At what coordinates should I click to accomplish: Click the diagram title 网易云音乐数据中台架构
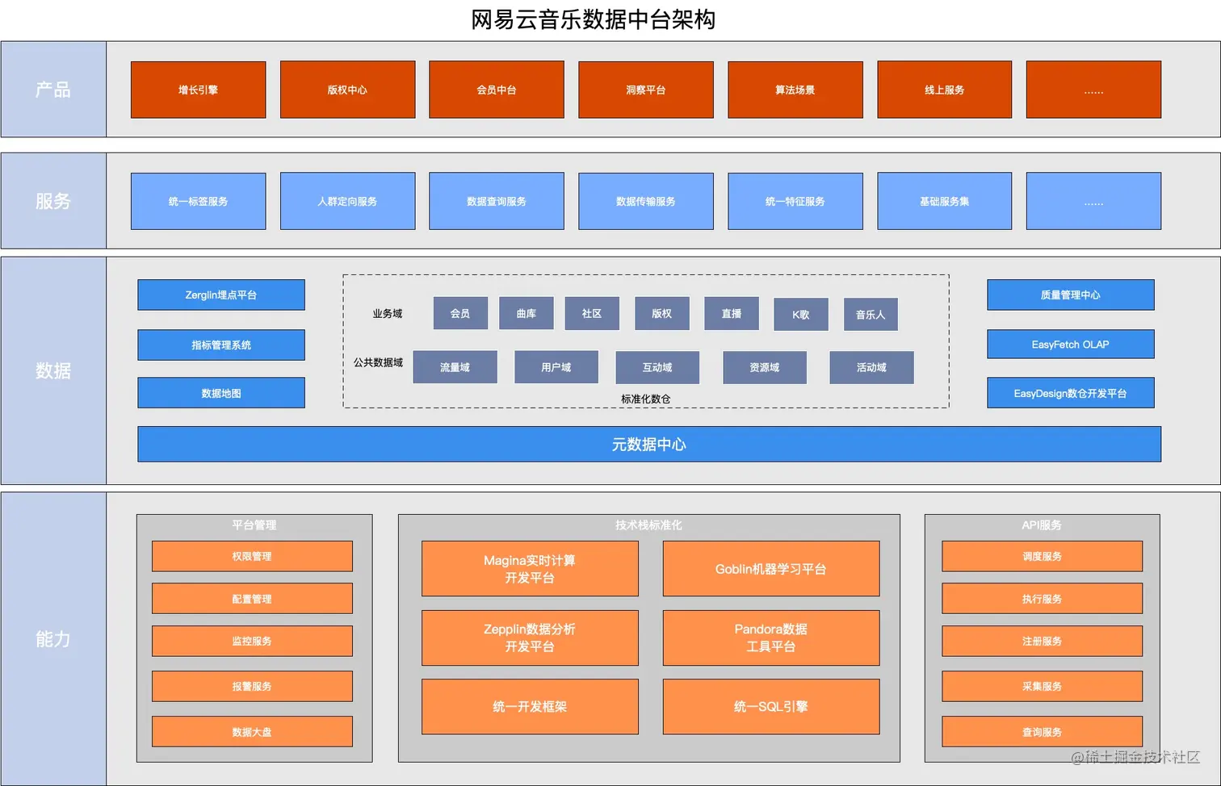click(593, 19)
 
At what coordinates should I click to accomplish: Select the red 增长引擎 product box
click(198, 90)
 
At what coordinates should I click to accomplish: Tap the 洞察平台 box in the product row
click(645, 90)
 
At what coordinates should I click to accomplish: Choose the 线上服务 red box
click(944, 90)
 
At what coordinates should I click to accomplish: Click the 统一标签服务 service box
click(198, 201)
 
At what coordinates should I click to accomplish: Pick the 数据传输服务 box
click(645, 201)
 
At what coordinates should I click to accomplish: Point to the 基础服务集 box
click(944, 201)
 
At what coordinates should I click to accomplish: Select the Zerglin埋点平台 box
click(221, 295)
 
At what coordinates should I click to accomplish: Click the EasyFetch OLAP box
click(1070, 345)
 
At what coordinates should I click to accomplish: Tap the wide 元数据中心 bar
click(648, 444)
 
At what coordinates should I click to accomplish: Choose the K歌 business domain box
click(800, 315)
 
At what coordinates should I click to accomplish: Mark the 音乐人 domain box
click(871, 315)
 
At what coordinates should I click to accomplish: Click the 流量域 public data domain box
click(455, 367)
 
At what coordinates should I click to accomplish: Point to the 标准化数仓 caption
click(645, 399)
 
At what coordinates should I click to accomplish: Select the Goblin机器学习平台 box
click(770, 569)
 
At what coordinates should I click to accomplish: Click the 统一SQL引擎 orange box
click(770, 706)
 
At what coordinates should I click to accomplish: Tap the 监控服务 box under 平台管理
click(252, 641)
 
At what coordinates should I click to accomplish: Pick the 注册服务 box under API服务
click(1042, 641)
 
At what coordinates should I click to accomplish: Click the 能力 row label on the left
click(53, 639)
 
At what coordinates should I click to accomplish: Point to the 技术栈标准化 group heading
click(648, 525)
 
